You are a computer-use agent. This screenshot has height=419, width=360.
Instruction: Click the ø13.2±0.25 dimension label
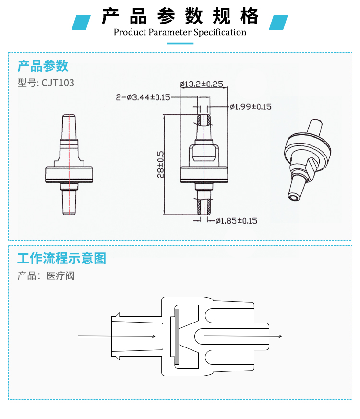[x=201, y=84]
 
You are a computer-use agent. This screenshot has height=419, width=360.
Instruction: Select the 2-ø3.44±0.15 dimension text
[x=143, y=97]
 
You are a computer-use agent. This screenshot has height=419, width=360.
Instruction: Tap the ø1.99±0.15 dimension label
[x=251, y=107]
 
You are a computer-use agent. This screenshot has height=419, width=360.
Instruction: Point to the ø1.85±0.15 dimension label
[x=236, y=221]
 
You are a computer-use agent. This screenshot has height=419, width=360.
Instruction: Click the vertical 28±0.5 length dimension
[x=160, y=165]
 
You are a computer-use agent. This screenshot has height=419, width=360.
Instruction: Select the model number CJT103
[x=58, y=83]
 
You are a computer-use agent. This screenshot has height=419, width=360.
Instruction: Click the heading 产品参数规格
[x=180, y=16]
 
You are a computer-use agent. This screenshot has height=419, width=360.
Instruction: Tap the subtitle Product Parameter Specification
[x=180, y=32]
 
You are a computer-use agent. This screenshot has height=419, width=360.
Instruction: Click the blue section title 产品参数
[x=43, y=66]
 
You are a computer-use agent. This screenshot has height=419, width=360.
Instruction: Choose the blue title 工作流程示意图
[x=62, y=258]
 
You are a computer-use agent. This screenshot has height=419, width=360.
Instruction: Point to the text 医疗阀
[x=60, y=276]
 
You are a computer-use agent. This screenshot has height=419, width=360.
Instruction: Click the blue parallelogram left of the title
[x=81, y=23]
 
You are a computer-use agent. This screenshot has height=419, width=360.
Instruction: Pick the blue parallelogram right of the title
[x=278, y=23]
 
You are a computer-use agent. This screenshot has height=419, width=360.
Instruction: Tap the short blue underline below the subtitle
[x=180, y=43]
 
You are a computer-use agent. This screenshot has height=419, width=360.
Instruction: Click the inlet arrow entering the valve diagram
[x=116, y=336]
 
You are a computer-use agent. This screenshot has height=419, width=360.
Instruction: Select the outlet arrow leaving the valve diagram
[x=243, y=336]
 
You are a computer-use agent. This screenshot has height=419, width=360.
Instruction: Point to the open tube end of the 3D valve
[x=293, y=197]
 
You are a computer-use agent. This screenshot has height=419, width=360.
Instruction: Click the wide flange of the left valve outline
[x=69, y=175]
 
